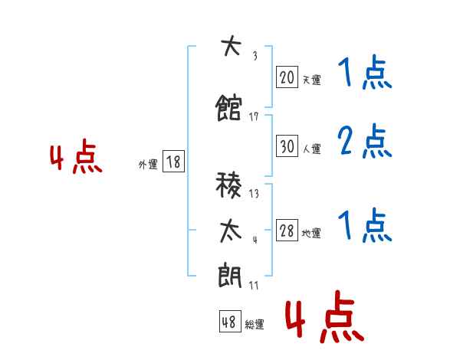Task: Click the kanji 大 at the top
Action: (x=231, y=45)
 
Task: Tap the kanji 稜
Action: (x=228, y=185)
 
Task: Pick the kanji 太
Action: (x=231, y=231)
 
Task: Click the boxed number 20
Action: (x=287, y=77)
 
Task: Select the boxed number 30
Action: (x=287, y=146)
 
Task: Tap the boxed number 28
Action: (x=287, y=230)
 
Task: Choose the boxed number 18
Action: (x=173, y=162)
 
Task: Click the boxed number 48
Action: (x=230, y=321)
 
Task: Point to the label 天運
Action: (x=311, y=80)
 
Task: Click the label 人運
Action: (x=311, y=149)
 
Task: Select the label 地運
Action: (x=311, y=233)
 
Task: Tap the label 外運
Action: (x=148, y=165)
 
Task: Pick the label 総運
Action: (x=255, y=324)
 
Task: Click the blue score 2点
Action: (x=365, y=141)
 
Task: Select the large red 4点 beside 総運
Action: (x=324, y=316)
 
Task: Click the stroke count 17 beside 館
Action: (x=254, y=116)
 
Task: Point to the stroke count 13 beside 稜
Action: (x=254, y=194)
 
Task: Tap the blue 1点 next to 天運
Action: (x=365, y=72)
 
